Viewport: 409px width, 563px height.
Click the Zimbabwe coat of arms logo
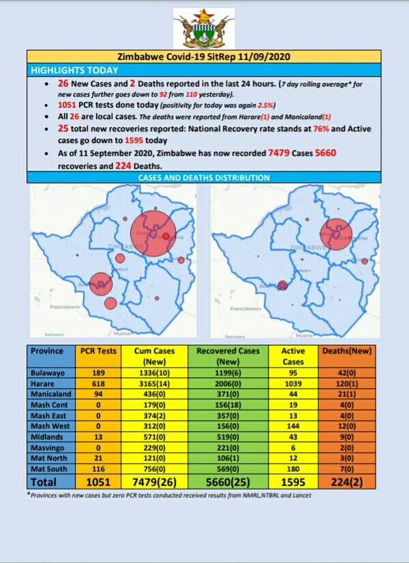(204, 28)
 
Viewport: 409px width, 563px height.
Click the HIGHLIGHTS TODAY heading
(74, 70)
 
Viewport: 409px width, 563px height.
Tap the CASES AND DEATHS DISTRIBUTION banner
(204, 178)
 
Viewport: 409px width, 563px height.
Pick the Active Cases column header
(293, 356)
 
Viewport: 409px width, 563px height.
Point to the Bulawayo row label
(47, 373)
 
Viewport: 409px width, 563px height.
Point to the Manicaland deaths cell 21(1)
(349, 395)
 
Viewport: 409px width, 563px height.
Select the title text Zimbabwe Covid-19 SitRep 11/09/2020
(204, 57)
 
